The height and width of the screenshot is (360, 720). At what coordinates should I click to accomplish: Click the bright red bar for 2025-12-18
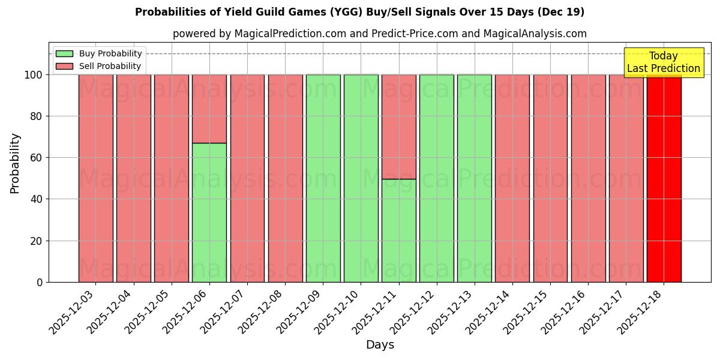pyautogui.click(x=664, y=178)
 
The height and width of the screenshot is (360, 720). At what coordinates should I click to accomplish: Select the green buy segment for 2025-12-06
pyautogui.click(x=209, y=212)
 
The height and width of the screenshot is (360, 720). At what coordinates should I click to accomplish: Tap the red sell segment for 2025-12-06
pyautogui.click(x=209, y=109)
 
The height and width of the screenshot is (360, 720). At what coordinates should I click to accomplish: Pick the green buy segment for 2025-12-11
pyautogui.click(x=399, y=230)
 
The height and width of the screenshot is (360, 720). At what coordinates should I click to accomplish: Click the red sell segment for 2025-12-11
pyautogui.click(x=399, y=127)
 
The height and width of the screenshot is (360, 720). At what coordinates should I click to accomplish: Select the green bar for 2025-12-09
pyautogui.click(x=323, y=178)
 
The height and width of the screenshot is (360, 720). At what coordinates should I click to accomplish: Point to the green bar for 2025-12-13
pyautogui.click(x=475, y=178)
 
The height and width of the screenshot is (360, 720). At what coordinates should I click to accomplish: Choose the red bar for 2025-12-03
pyautogui.click(x=95, y=178)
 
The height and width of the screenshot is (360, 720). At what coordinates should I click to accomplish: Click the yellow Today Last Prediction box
pyautogui.click(x=663, y=62)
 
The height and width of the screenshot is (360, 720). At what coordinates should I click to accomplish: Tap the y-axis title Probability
pyautogui.click(x=15, y=163)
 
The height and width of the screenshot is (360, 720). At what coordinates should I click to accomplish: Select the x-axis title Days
pyautogui.click(x=380, y=345)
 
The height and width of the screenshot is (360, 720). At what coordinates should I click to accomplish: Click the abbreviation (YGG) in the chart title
pyautogui.click(x=490, y=12)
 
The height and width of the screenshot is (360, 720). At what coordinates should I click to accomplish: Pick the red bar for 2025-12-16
pyautogui.click(x=588, y=178)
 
